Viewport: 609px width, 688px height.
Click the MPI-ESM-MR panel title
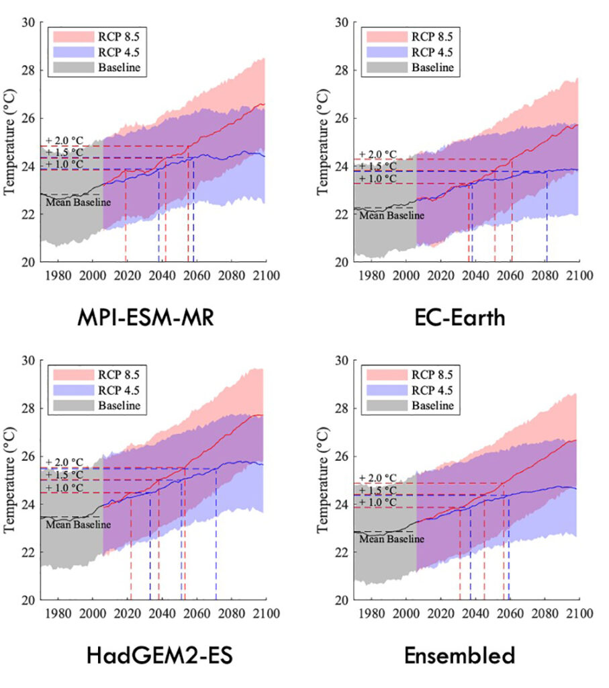click(x=150, y=317)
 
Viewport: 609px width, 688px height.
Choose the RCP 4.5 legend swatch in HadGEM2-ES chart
click(x=72, y=390)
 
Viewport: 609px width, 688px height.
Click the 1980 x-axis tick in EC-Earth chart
click(x=371, y=275)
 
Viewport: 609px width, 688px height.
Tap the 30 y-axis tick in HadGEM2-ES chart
click(x=28, y=361)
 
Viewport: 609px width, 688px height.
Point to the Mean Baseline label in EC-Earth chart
click(x=392, y=215)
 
